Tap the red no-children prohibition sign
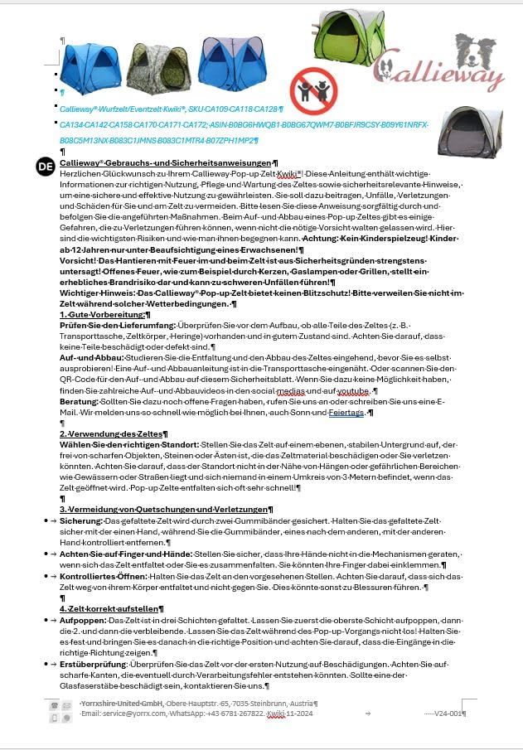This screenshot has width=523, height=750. (x=313, y=91)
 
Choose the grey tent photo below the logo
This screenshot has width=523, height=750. (x=470, y=132)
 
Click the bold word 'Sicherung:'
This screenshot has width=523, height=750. (x=80, y=520)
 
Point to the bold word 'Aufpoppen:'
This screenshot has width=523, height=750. (x=82, y=620)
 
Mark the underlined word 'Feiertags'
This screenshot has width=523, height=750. (x=347, y=412)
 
